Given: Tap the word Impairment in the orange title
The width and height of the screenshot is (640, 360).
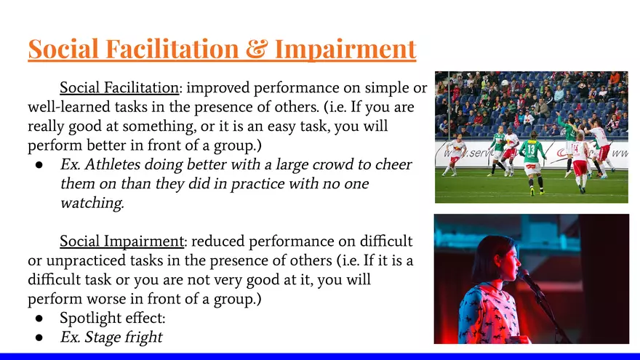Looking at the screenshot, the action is click(345, 49).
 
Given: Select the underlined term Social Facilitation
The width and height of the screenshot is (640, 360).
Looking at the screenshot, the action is click(119, 87).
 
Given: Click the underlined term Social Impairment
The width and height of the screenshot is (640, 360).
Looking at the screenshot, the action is click(121, 241).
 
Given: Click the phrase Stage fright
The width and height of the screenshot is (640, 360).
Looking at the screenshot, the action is click(123, 337).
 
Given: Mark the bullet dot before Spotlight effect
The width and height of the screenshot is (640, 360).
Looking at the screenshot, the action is click(39, 319).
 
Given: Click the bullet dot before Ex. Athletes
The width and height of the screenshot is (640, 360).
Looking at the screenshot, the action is click(39, 165).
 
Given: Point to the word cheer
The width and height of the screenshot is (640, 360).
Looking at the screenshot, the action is click(393, 164).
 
